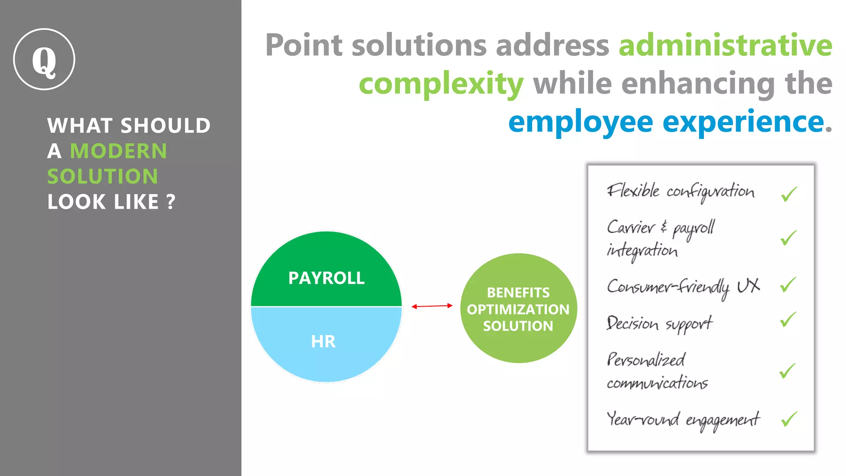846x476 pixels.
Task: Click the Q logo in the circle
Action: click(x=44, y=59)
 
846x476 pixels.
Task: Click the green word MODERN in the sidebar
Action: click(x=119, y=151)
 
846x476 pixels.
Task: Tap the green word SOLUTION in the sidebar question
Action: click(x=102, y=176)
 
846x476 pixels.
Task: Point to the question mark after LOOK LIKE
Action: click(x=171, y=202)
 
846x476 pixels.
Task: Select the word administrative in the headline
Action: click(x=725, y=45)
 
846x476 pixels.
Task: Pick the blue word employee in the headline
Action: click(x=580, y=122)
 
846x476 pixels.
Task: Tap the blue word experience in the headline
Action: click(x=744, y=122)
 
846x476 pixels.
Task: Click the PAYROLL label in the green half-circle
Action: click(x=326, y=278)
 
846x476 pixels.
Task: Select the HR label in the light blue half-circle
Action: click(x=323, y=342)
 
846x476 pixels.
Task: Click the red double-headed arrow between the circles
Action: click(x=432, y=306)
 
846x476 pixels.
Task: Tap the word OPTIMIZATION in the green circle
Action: click(x=518, y=309)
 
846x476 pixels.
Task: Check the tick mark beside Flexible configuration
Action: click(x=789, y=194)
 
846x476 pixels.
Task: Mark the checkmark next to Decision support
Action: click(x=788, y=320)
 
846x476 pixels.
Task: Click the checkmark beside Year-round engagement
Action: click(x=789, y=419)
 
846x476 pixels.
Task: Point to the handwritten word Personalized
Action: click(x=646, y=360)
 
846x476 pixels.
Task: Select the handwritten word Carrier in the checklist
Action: click(x=631, y=227)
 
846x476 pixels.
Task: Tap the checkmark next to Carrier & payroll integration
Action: click(x=788, y=238)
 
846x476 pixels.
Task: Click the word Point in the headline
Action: click(x=304, y=45)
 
